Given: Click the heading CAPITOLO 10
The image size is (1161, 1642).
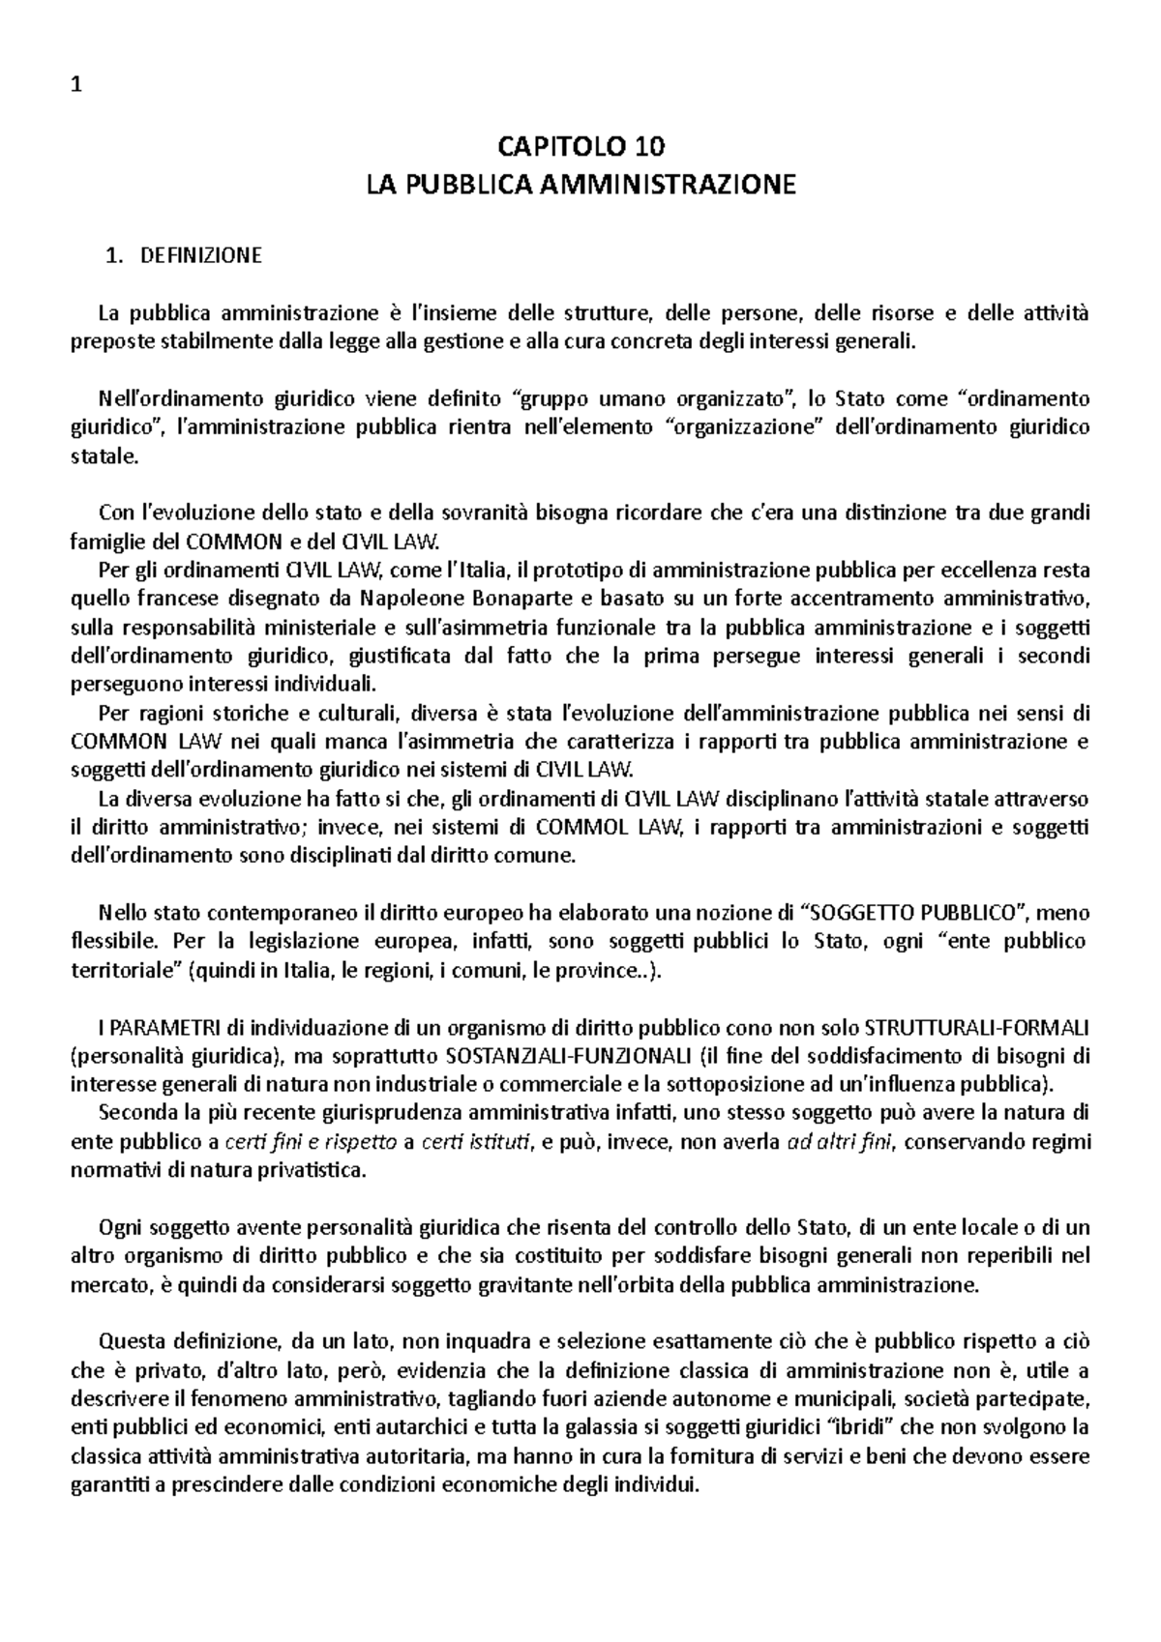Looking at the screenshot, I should [x=580, y=147].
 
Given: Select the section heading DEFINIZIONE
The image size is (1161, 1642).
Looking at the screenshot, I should [x=201, y=256].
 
